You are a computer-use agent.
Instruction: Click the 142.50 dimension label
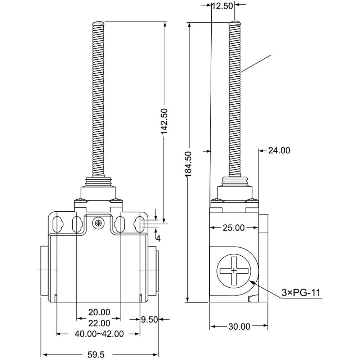(x=165, y=121)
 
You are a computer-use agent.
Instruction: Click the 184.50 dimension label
(x=189, y=164)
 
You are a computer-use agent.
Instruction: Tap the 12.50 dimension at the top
(x=222, y=6)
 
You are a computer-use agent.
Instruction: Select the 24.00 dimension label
(x=279, y=150)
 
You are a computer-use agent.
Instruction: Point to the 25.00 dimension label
(x=234, y=228)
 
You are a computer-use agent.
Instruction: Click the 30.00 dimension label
(x=239, y=327)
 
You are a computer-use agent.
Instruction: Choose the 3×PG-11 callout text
(x=301, y=293)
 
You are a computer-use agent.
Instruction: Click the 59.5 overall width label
(x=96, y=355)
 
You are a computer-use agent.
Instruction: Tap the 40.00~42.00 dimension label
(x=99, y=334)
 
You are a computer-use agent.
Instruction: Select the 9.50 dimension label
(x=149, y=319)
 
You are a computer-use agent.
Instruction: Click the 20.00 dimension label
(x=99, y=312)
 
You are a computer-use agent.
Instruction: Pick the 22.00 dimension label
(x=99, y=323)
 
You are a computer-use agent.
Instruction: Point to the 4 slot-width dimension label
(x=158, y=239)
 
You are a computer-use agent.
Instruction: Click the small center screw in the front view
(x=98, y=223)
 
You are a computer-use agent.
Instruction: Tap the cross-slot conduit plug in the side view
(x=234, y=271)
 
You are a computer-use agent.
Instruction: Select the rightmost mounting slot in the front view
(x=139, y=224)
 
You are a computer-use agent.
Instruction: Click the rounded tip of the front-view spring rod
(x=99, y=22)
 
